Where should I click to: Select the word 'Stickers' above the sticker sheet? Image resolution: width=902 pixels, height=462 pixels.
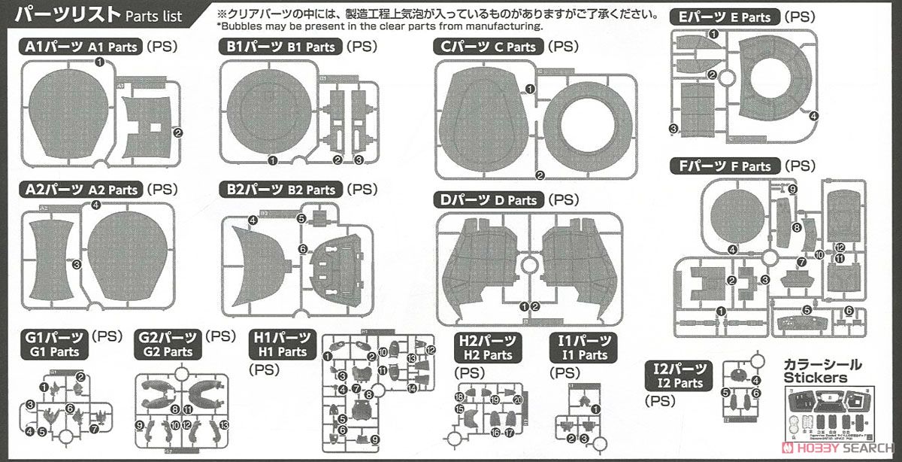coord(815,378)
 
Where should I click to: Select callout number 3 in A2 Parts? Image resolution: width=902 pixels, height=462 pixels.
coord(76,264)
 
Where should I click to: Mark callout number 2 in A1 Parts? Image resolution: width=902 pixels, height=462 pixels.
coord(178,133)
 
